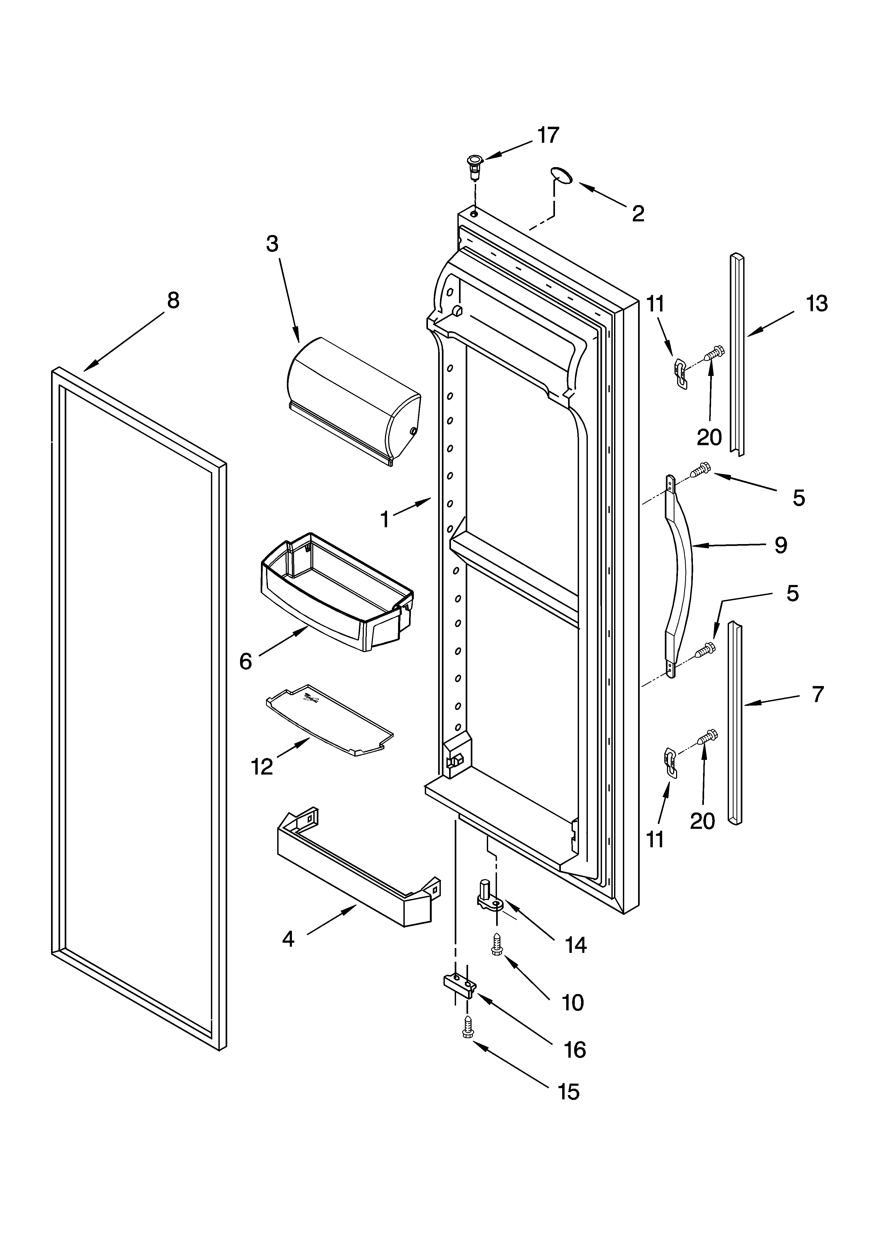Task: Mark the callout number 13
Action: [x=816, y=303]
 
